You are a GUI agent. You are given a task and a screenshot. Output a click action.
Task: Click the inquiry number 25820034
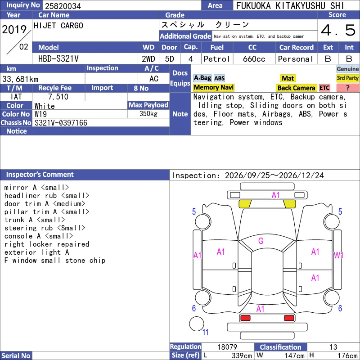pos(63,6)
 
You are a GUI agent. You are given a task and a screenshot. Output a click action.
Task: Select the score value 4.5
pos(338,30)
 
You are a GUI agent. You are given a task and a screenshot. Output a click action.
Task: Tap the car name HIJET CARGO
pos(58,26)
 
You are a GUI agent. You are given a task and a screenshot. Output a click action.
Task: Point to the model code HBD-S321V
pos(58,59)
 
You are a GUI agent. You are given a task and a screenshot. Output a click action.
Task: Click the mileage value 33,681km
pos(20,79)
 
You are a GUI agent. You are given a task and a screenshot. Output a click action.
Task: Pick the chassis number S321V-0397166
pos(61,122)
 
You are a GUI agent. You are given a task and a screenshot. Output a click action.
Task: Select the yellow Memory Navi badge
pos(213,87)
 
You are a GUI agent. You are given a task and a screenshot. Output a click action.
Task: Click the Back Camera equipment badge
pos(296,88)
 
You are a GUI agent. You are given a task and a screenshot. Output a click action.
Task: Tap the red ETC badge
pos(324,88)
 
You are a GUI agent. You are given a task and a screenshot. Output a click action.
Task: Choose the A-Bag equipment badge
pos(202,78)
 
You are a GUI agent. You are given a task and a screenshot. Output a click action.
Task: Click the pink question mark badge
pos(347,88)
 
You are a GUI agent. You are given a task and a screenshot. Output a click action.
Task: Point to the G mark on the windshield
pos(261,241)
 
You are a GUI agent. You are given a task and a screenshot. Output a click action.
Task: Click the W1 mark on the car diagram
pos(338,255)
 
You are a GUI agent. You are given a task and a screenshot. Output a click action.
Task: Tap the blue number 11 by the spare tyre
pos(205,332)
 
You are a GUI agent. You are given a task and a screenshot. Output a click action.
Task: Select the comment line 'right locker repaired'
pos(47,244)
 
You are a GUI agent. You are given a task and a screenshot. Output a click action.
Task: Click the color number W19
pos(40,114)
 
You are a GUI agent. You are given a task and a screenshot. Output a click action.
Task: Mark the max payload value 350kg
pos(148,114)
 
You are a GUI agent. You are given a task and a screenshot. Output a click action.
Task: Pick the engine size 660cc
pos(254,59)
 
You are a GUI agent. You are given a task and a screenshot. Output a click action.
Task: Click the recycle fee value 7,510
pos(58,97)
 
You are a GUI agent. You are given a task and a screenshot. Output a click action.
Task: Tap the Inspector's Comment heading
pos(40,175)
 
